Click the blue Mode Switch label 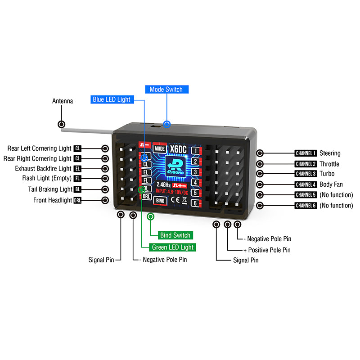(x=166, y=90)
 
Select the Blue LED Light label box (x=111, y=99)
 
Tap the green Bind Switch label (x=175, y=235)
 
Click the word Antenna (x=63, y=101)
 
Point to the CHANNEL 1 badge (x=306, y=153)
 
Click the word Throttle (x=329, y=164)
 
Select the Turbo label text (x=327, y=174)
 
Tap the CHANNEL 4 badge (x=306, y=184)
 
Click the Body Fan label (x=331, y=184)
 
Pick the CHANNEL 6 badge (x=306, y=206)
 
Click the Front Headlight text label (x=52, y=200)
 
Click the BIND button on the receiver (x=160, y=200)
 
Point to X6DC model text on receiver (x=179, y=148)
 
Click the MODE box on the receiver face (x=159, y=148)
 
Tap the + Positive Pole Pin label (x=267, y=250)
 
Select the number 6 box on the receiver (x=195, y=203)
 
